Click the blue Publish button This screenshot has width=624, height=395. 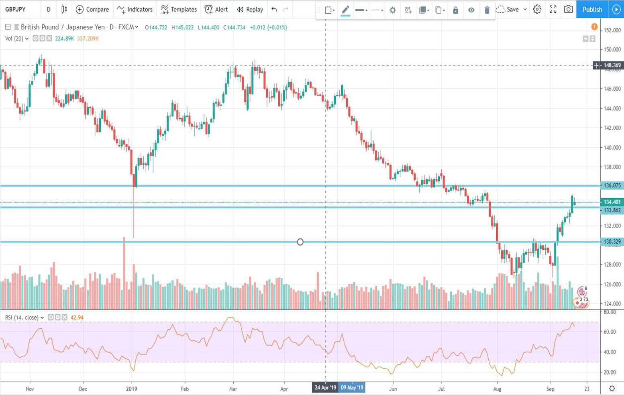(x=592, y=9)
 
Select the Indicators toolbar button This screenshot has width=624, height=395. (x=135, y=9)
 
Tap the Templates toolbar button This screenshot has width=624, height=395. (x=179, y=9)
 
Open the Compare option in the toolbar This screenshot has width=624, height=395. (x=92, y=9)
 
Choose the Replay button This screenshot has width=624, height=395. (x=250, y=9)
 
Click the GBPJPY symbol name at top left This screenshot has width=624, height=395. (x=16, y=9)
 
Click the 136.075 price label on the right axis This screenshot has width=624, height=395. (x=612, y=185)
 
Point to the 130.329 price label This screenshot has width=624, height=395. (x=612, y=242)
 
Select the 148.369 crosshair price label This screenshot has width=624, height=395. (x=612, y=65)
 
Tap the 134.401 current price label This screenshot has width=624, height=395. (x=612, y=202)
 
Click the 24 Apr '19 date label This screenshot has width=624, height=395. (x=325, y=387)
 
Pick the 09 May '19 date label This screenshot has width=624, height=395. (x=352, y=387)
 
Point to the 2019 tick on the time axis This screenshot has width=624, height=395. (x=132, y=389)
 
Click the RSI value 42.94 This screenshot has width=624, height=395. (x=77, y=318)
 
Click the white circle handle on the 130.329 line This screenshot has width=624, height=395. (x=300, y=242)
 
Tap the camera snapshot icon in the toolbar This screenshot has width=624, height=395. (x=568, y=9)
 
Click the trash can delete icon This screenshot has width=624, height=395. (x=487, y=10)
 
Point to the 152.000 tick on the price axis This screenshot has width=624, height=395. (x=612, y=30)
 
